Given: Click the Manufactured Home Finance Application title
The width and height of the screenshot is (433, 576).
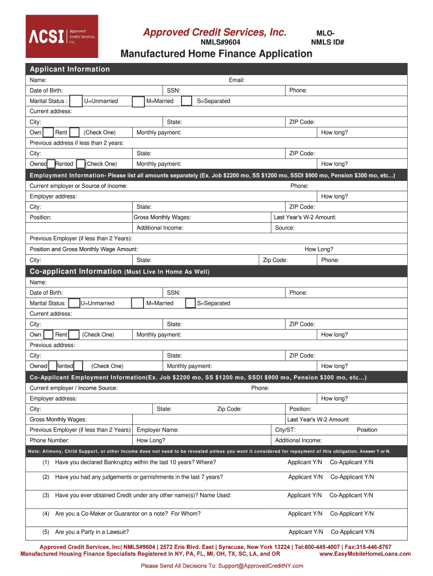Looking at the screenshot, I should click(216, 54).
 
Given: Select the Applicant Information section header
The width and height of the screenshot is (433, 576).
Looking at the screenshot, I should click(70, 69).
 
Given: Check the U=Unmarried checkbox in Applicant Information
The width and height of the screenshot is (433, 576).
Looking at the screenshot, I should click(76, 101).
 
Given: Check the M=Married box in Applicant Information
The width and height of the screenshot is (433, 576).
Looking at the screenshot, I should click(138, 101).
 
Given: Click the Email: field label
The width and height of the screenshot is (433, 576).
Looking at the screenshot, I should click(237, 80).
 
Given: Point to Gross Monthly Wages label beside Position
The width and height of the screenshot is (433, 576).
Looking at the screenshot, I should click(162, 217).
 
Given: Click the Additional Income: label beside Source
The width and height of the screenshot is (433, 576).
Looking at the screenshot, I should click(160, 228).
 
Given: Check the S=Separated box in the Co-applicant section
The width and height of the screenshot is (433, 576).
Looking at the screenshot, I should click(190, 303).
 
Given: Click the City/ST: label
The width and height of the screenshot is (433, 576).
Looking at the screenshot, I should click(285, 430).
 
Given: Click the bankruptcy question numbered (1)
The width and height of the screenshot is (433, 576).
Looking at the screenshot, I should click(135, 462).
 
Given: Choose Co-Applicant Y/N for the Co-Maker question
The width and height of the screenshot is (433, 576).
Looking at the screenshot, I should click(351, 514).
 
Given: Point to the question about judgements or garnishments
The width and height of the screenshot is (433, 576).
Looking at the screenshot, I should click(138, 477).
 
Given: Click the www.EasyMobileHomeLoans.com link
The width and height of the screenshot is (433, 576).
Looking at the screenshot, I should click(365, 554).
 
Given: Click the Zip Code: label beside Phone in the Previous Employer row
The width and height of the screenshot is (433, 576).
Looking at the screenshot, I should click(276, 260).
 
